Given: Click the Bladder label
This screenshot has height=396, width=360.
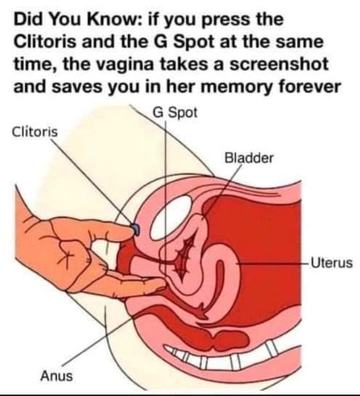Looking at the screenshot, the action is pyautogui.click(x=249, y=159).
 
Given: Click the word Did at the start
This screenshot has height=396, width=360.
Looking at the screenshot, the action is pyautogui.click(x=27, y=21).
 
